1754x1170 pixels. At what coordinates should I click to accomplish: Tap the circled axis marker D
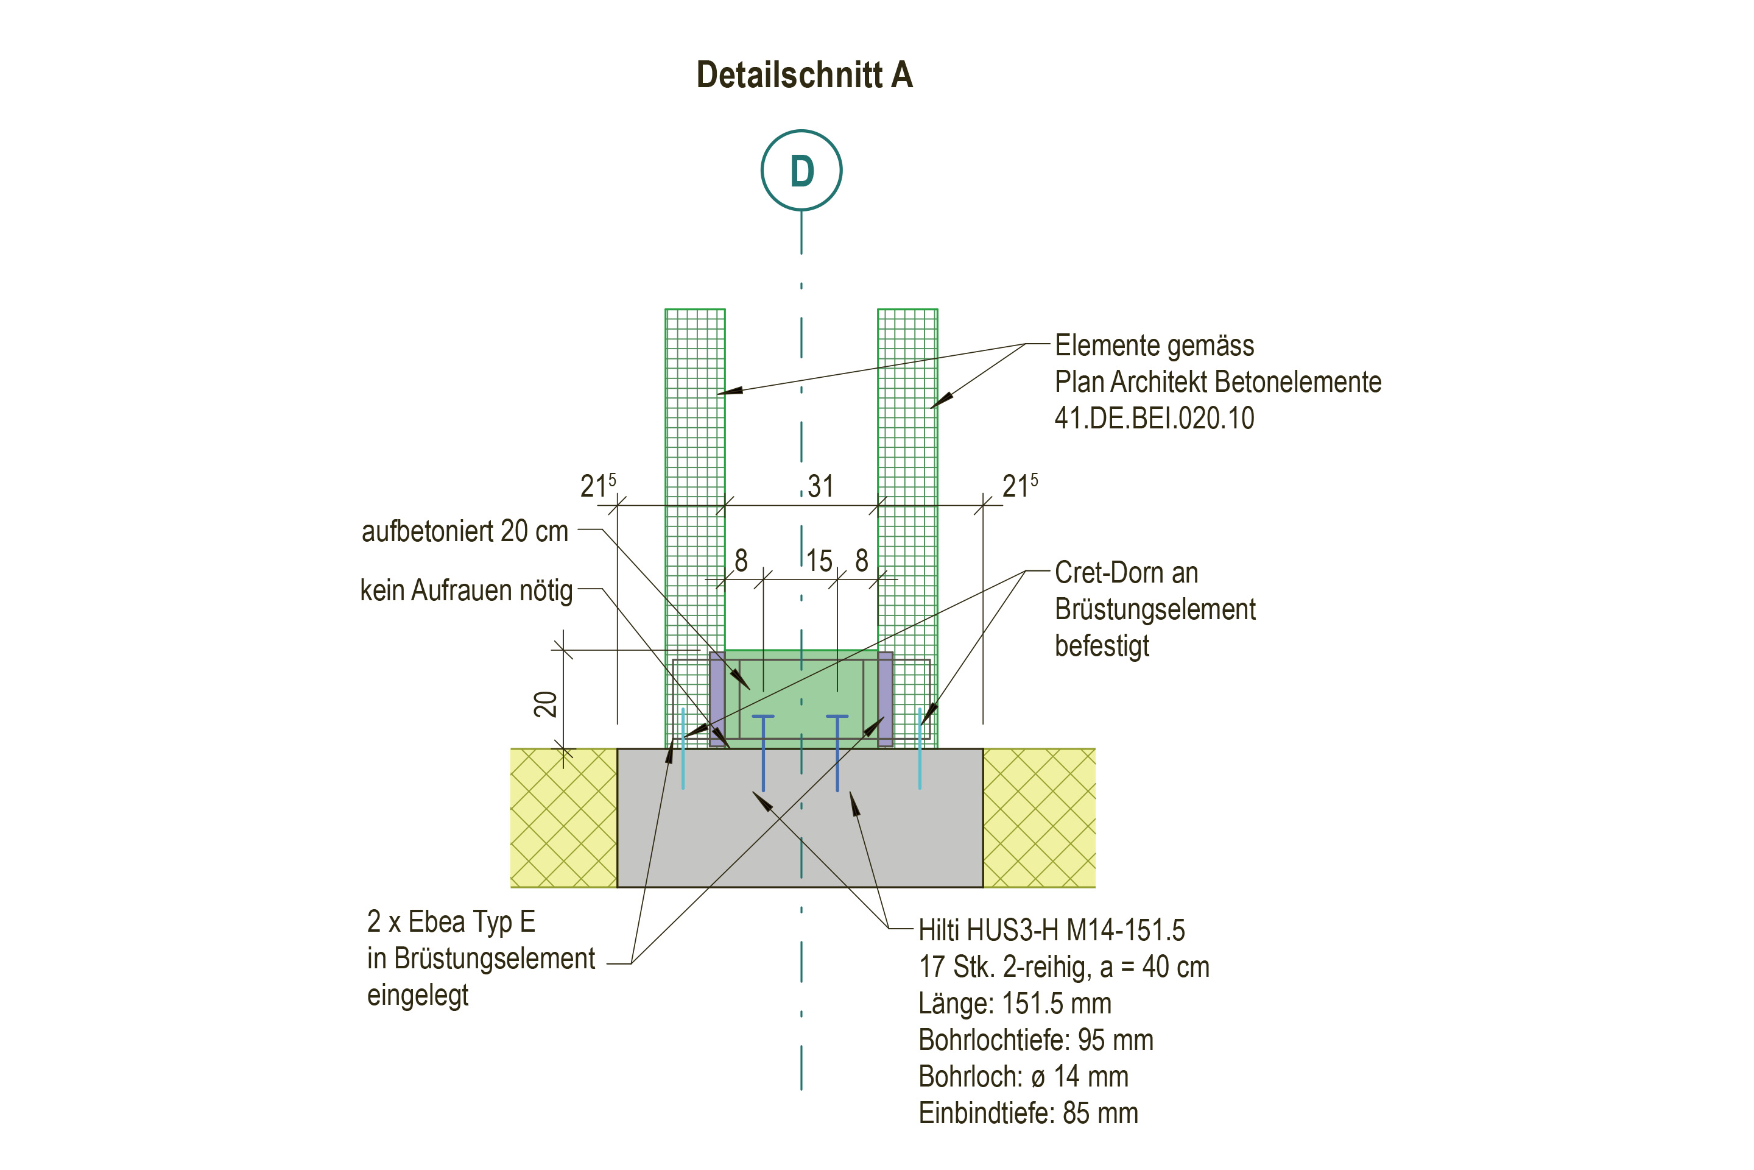801,170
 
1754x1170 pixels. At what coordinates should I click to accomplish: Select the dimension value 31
820,486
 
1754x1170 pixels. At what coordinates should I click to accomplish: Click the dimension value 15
819,561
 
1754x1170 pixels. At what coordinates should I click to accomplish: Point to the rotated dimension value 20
546,704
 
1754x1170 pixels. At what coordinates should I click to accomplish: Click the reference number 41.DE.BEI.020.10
1153,418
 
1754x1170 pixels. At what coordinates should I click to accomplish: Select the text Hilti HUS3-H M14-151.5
1052,931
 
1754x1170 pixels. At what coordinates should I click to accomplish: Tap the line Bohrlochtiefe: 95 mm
1036,1040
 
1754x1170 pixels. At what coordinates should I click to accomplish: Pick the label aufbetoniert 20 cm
465,531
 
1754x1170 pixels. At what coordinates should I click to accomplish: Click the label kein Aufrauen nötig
466,590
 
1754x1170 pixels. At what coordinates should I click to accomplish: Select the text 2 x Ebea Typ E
451,922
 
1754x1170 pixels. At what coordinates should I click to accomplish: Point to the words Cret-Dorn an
1126,573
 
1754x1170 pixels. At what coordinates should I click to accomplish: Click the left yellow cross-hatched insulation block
563,818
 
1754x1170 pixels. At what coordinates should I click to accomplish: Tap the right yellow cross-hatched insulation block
1039,818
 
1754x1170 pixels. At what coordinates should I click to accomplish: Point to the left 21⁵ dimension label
598,486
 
